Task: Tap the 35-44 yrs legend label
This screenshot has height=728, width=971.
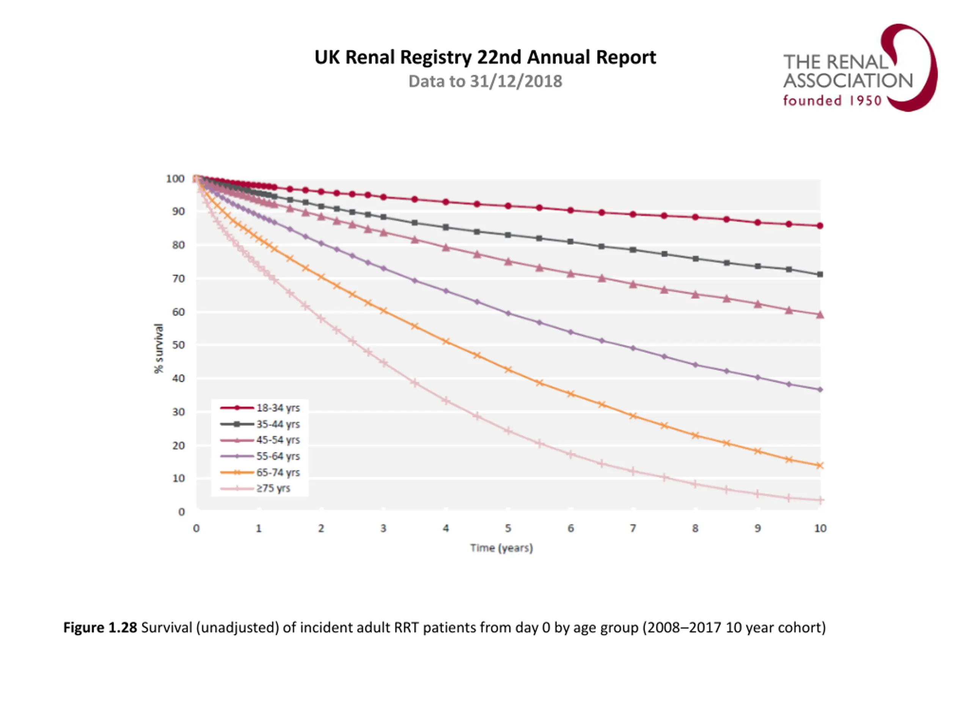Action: pos(278,424)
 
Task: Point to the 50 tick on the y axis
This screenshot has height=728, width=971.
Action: pos(178,345)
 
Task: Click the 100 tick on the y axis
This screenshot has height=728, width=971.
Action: pos(175,179)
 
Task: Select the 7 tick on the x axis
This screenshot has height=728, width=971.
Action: pos(633,528)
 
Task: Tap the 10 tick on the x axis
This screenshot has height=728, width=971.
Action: pos(820,528)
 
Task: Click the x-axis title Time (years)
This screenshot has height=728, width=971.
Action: pos(501,548)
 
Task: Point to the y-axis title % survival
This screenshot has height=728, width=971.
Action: pos(159,349)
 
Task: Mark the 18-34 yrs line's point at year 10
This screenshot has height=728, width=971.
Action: pos(820,226)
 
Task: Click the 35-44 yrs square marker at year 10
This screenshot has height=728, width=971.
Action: pos(820,275)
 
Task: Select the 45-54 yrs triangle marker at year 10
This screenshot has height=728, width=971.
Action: pos(820,315)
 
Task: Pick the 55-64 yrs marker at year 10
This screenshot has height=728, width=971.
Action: pos(820,390)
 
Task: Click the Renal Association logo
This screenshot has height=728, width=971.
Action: pos(859,68)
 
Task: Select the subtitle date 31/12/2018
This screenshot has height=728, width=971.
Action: pos(516,82)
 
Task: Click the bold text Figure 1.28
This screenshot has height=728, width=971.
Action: pos(100,628)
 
